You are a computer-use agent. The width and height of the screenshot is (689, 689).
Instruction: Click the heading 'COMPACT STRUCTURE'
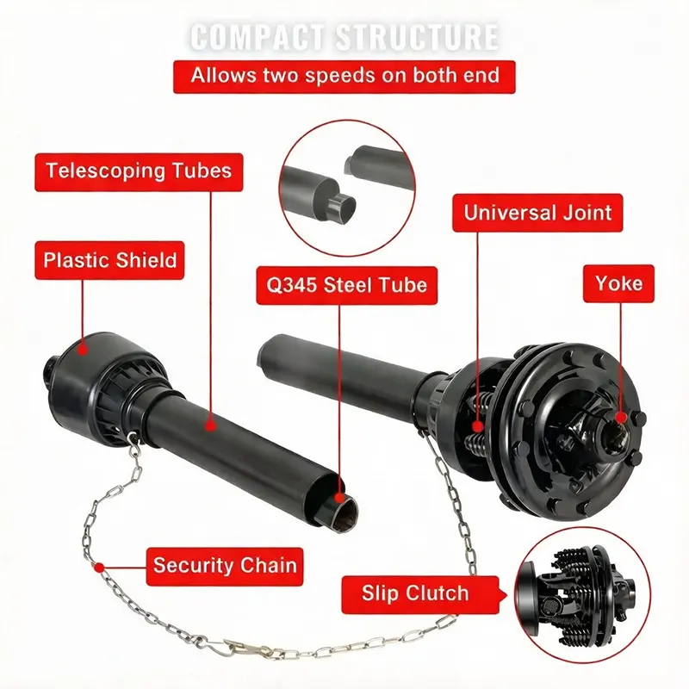[x=344, y=37]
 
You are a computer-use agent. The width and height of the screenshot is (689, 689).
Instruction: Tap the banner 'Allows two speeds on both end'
[x=344, y=76]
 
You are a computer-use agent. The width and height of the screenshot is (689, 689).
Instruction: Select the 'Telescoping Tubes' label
[x=139, y=171]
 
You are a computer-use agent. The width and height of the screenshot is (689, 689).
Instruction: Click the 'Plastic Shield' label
[x=109, y=259]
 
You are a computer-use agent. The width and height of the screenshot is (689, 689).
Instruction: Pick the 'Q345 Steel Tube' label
[x=342, y=283]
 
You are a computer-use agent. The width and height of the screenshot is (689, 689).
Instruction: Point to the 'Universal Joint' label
[x=537, y=212]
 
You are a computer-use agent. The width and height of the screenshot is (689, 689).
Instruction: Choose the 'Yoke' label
[x=618, y=282]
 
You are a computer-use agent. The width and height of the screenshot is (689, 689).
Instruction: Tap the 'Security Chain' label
[x=224, y=566]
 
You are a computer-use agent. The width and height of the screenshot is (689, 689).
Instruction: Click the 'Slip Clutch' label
[x=415, y=593]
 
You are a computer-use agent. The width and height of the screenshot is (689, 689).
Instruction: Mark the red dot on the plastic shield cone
[x=84, y=349]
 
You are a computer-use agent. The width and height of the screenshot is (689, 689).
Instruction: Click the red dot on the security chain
[x=100, y=567]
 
